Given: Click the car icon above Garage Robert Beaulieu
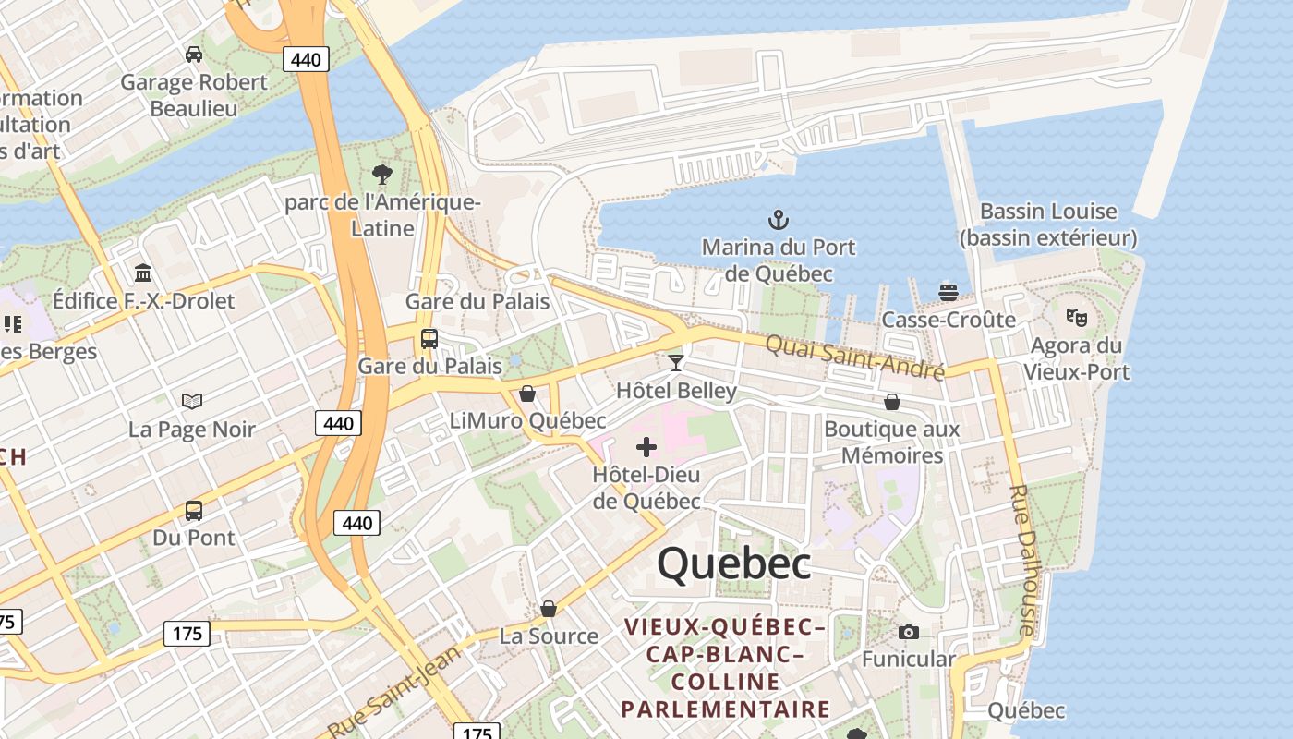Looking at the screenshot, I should click(x=194, y=55).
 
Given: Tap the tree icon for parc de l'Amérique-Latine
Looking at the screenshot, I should click(x=381, y=174).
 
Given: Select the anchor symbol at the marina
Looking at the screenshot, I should click(x=779, y=220).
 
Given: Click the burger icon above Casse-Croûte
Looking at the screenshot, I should click(x=949, y=293).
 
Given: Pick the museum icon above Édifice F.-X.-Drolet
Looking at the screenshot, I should click(x=143, y=273).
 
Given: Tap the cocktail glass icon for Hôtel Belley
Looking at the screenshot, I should click(x=676, y=362).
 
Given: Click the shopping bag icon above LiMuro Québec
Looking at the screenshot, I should click(x=527, y=394).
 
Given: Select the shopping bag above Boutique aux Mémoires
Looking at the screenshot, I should click(x=892, y=402).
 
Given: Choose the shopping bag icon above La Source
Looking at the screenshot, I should click(x=549, y=609).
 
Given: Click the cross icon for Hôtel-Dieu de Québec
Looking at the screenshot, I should click(x=646, y=448).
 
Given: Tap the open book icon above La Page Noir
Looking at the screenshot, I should click(x=192, y=402).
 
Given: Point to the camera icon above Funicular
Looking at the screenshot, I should click(x=909, y=632).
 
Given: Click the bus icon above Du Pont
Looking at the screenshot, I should click(x=194, y=510).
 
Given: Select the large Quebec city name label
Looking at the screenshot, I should click(x=734, y=563).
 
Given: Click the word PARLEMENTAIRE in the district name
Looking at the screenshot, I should click(x=725, y=709).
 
